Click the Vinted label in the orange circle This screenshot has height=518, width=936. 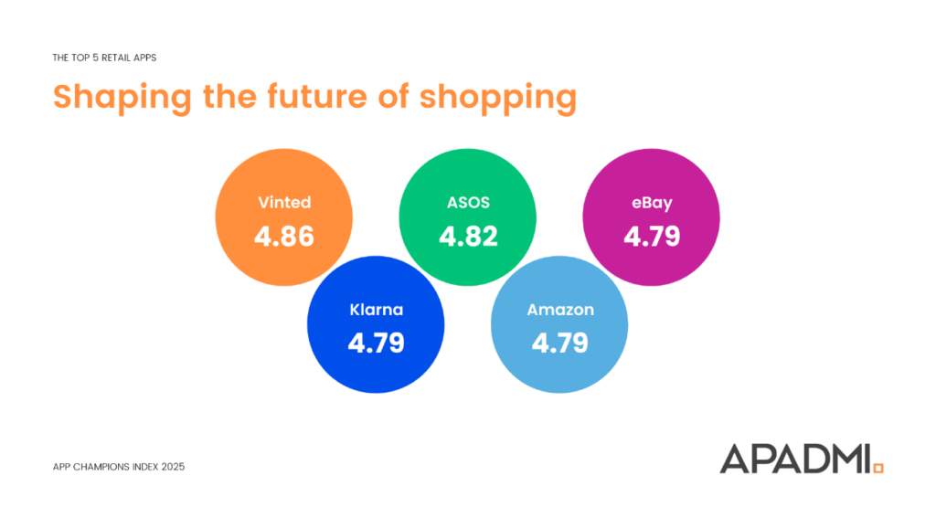click(284, 202)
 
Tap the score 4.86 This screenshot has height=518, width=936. click(284, 237)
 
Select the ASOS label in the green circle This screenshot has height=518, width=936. click(468, 202)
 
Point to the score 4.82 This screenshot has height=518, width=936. click(468, 237)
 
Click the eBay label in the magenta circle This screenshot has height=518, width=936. click(652, 204)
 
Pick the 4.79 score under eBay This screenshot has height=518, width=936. click(652, 237)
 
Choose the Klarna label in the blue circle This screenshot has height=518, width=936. click(376, 310)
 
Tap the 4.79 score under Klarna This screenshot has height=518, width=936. click(376, 344)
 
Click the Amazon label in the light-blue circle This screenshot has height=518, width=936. click(560, 310)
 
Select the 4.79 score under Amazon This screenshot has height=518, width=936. click(560, 344)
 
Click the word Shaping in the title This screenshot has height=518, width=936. click(122, 98)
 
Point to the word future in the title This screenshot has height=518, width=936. click(317, 96)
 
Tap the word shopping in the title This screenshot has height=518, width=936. click(498, 98)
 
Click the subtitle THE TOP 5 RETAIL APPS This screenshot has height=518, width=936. click(104, 58)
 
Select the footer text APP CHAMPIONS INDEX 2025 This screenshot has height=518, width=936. click(119, 467)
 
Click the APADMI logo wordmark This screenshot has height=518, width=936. click(796, 459)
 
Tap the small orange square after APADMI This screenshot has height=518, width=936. click(878, 468)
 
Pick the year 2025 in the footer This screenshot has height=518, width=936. click(173, 467)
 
